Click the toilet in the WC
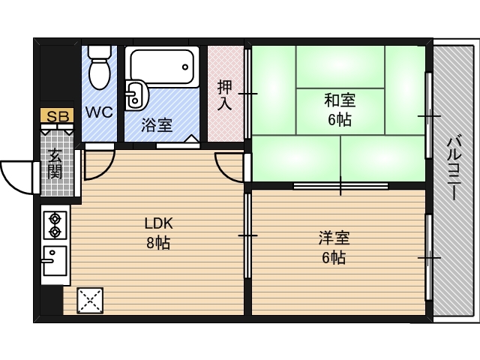pyautogui.click(x=99, y=67)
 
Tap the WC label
pyautogui.click(x=98, y=112)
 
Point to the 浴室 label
pyautogui.click(x=157, y=124)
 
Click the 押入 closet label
pyautogui.click(x=224, y=95)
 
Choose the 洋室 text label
pyautogui.click(x=334, y=239)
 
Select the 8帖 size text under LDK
pyautogui.click(x=158, y=242)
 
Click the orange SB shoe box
pyautogui.click(x=56, y=116)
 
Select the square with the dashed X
pyautogui.click(x=89, y=301)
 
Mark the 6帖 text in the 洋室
pyautogui.click(x=334, y=258)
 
